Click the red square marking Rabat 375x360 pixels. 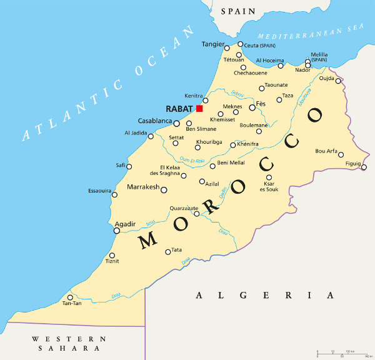tap(199, 108)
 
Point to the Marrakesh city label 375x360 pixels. tap(143, 187)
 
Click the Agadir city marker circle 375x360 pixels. tap(116, 231)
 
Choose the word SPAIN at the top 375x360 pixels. tap(237, 11)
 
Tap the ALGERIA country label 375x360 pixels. tap(265, 295)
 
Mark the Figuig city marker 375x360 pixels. tap(364, 167)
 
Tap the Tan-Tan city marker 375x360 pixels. tap(70, 297)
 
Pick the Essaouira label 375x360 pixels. tap(99, 189)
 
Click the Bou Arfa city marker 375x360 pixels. tap(341, 154)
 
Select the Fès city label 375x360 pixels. tap(261, 103)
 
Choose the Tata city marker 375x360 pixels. tap(167, 252)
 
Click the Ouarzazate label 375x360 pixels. tap(184, 208)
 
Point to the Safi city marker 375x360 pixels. tap(129, 166)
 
